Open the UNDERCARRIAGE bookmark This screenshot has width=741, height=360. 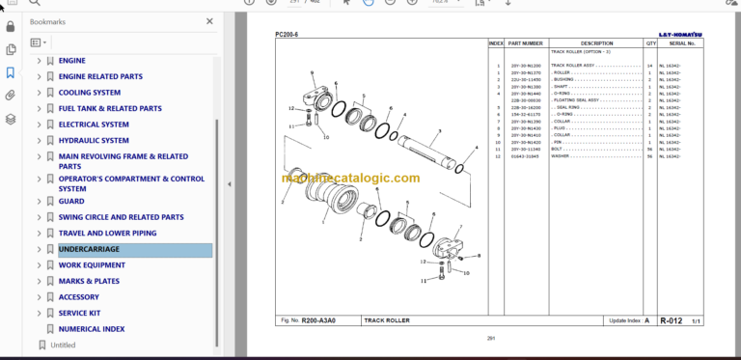coord(89,249)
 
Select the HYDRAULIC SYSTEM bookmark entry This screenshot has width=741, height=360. coord(94,140)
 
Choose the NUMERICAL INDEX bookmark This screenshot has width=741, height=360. coord(92,329)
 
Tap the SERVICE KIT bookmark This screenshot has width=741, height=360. coord(80,313)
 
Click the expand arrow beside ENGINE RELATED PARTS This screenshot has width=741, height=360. coord(40,76)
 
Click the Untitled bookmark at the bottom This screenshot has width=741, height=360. coord(63,345)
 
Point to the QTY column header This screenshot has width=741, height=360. coord(651,43)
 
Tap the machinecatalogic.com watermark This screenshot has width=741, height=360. coord(351,179)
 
